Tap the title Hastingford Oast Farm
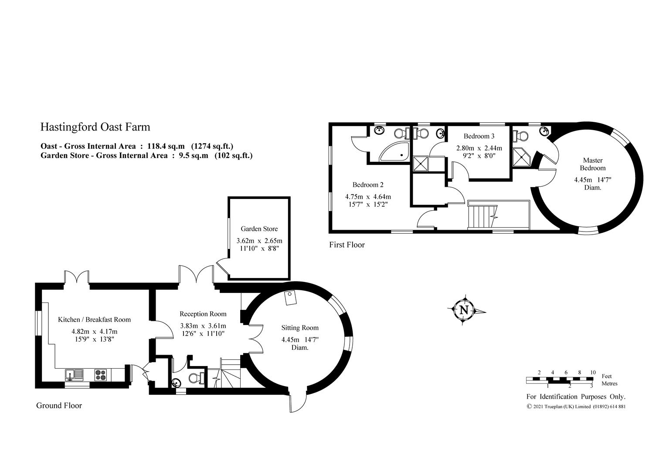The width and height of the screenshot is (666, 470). (95, 127)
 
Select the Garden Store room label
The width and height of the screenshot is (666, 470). (259, 228)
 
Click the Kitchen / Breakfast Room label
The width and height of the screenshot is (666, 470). (94, 319)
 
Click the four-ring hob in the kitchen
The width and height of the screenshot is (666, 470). (101, 375)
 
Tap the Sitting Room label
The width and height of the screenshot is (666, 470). (300, 328)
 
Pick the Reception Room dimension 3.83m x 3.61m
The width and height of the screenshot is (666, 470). (203, 326)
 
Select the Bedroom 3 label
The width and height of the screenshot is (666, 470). (479, 136)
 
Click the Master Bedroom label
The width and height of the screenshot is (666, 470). (593, 164)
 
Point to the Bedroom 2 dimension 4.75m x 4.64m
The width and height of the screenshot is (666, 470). (368, 197)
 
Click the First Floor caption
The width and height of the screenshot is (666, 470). (347, 245)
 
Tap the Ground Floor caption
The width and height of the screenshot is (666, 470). (59, 406)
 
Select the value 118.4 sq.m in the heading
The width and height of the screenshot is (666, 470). (166, 146)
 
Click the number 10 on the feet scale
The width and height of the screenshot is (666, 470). (593, 373)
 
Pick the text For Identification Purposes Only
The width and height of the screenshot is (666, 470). (576, 396)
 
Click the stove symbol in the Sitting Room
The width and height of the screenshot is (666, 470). (290, 298)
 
